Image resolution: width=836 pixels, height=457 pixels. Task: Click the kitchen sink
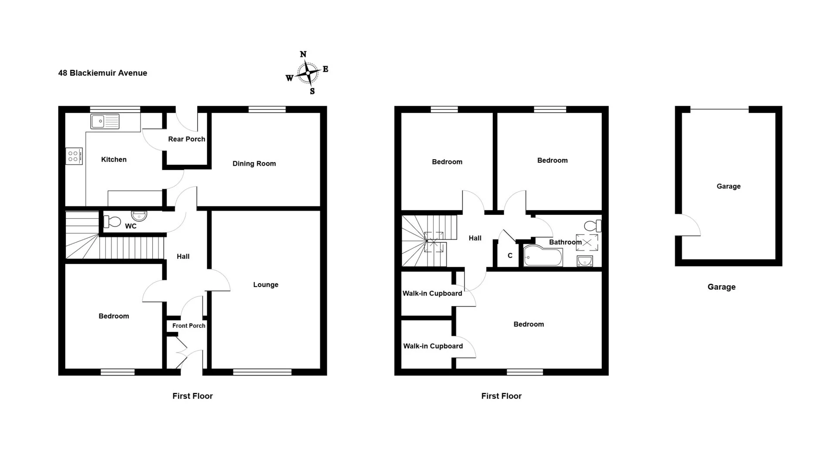tap(105, 121)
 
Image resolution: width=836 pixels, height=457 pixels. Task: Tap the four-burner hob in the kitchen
tap(73, 156)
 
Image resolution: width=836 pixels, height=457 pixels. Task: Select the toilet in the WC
tap(112, 222)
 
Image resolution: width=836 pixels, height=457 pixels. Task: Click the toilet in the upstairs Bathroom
tap(593, 226)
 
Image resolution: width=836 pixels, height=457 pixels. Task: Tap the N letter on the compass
tap(303, 54)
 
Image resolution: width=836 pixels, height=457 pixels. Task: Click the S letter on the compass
tap(312, 91)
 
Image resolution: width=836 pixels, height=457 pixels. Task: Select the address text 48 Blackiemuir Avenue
tap(103, 73)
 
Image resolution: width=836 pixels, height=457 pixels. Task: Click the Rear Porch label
tap(187, 139)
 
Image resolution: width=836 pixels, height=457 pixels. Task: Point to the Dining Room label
tap(254, 163)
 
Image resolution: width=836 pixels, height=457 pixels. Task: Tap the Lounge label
tap(266, 285)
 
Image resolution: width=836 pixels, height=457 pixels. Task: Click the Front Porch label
tap(189, 326)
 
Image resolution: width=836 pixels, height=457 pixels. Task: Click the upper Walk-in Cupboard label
tap(432, 294)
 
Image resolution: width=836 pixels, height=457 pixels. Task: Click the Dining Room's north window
tap(267, 109)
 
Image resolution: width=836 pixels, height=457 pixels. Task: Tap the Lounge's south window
tap(262, 372)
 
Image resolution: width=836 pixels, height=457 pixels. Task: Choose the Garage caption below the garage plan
tap(721, 287)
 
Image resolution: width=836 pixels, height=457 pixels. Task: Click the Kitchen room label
tap(114, 160)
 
